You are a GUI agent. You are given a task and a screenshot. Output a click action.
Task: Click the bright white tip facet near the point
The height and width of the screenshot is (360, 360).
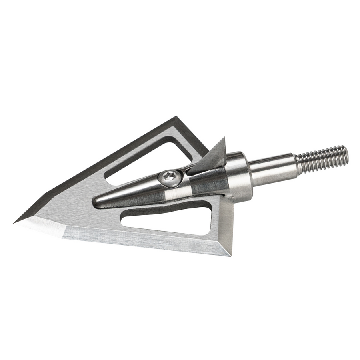(x=44, y=226)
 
